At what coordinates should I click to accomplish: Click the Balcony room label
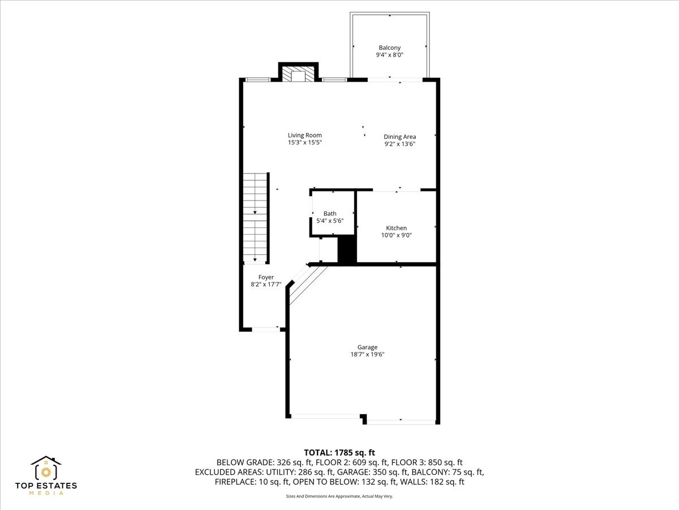pyautogui.click(x=389, y=48)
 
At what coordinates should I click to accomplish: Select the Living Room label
pyautogui.click(x=304, y=135)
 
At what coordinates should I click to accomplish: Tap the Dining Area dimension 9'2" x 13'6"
pyautogui.click(x=400, y=144)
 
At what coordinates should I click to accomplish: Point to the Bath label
pyautogui.click(x=329, y=213)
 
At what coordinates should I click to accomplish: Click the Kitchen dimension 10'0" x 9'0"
pyautogui.click(x=396, y=235)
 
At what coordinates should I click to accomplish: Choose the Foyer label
pyautogui.click(x=266, y=277)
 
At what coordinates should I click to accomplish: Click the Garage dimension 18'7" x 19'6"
pyautogui.click(x=367, y=354)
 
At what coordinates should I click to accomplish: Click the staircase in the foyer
pyautogui.click(x=255, y=218)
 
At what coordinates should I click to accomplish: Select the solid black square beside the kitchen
pyautogui.click(x=346, y=249)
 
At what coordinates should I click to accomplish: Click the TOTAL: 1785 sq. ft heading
pyautogui.click(x=339, y=452)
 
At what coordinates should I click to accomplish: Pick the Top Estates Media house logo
pyautogui.click(x=46, y=469)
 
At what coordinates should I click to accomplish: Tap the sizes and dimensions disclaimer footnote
pyautogui.click(x=339, y=496)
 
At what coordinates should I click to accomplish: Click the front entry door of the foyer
pyautogui.click(x=265, y=329)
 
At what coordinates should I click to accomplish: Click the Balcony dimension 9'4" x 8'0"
pyautogui.click(x=389, y=55)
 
